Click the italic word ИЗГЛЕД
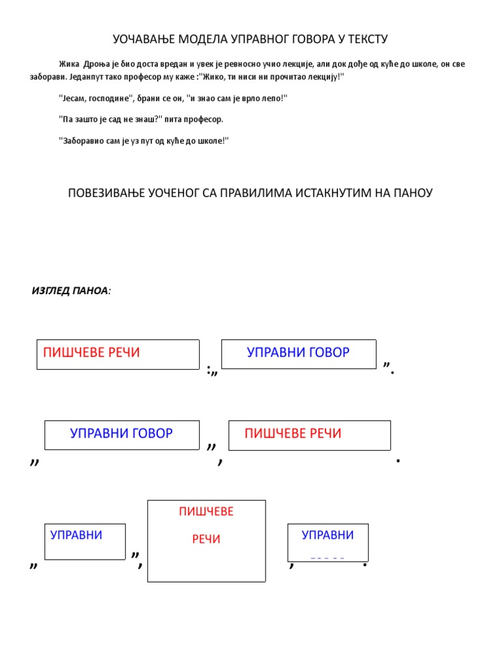(51, 290)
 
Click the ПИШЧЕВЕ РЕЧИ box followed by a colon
(118, 354)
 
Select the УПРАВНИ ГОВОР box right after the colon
(299, 354)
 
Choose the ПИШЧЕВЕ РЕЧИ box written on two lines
(206, 541)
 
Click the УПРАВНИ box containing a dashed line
(327, 542)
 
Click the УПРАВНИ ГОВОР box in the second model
(121, 434)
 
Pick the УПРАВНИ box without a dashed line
(84, 541)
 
